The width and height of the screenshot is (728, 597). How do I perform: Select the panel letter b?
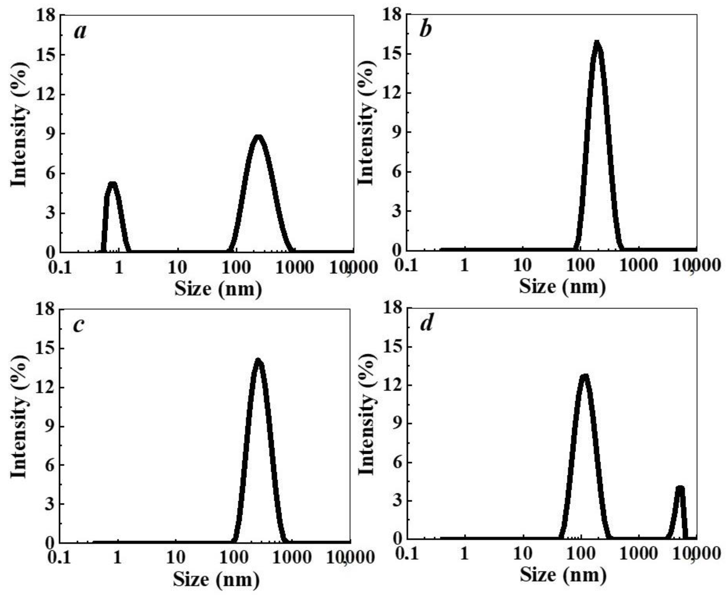(425, 30)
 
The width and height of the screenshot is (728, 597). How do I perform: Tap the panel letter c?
(79, 325)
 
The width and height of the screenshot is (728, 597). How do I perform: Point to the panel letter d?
(426, 324)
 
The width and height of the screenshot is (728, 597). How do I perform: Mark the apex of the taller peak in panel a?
(258, 137)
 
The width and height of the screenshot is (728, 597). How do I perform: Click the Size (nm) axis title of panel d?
(563, 574)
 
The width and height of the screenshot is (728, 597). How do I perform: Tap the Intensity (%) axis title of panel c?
(19, 416)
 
